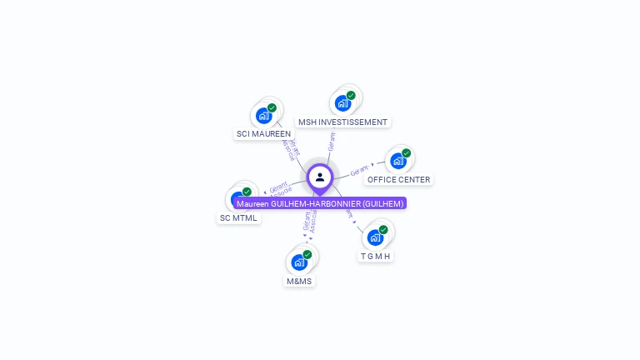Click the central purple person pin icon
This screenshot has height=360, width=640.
pyautogui.click(x=320, y=177)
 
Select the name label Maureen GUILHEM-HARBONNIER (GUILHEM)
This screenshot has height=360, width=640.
pyautogui.click(x=320, y=203)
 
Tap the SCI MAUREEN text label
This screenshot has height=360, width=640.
pyautogui.click(x=263, y=133)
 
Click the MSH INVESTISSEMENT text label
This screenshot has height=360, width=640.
pyautogui.click(x=342, y=122)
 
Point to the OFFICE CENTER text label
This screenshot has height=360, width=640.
pyautogui.click(x=398, y=179)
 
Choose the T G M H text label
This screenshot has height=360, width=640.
pyautogui.click(x=375, y=256)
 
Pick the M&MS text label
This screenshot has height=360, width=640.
pyautogui.click(x=298, y=281)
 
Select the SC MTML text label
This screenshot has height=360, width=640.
pyautogui.click(x=238, y=218)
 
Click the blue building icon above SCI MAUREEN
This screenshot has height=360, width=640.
pyautogui.click(x=263, y=115)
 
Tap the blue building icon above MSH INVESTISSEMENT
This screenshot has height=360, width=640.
pyautogui.click(x=342, y=103)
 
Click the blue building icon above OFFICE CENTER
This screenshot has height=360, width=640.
pyautogui.click(x=397, y=160)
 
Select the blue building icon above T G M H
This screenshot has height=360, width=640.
pyautogui.click(x=375, y=237)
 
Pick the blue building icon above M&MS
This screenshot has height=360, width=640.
pyautogui.click(x=298, y=262)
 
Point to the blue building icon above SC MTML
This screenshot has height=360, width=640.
pyautogui.click(x=238, y=199)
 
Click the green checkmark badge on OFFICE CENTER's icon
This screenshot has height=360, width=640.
pyautogui.click(x=407, y=152)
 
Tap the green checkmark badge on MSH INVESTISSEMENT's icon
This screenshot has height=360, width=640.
pyautogui.click(x=351, y=95)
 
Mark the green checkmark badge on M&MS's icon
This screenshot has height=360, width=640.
pyautogui.click(x=307, y=254)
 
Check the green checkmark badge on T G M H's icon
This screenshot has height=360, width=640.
pyautogui.click(x=383, y=229)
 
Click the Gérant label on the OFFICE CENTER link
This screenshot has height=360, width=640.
pyautogui.click(x=359, y=170)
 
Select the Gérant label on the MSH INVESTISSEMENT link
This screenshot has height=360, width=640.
pyautogui.click(x=331, y=141)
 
